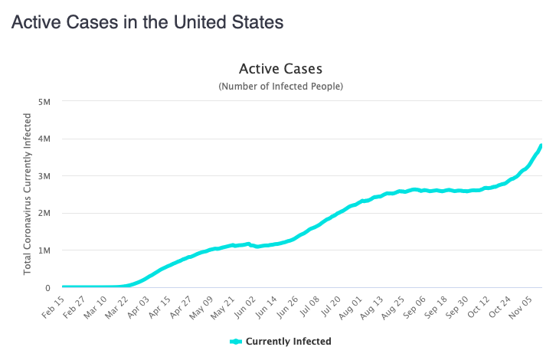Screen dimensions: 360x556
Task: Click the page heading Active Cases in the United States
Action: point(147,22)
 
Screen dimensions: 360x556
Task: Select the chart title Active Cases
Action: point(280,70)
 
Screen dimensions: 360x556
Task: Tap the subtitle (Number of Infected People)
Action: point(280,87)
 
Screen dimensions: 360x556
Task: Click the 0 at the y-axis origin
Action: point(47,287)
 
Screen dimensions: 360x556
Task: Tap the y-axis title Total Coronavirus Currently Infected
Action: point(28,194)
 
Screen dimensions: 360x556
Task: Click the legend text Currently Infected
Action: point(289,342)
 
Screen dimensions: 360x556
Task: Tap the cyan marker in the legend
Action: point(236,342)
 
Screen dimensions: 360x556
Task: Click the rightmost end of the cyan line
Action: point(541,146)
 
